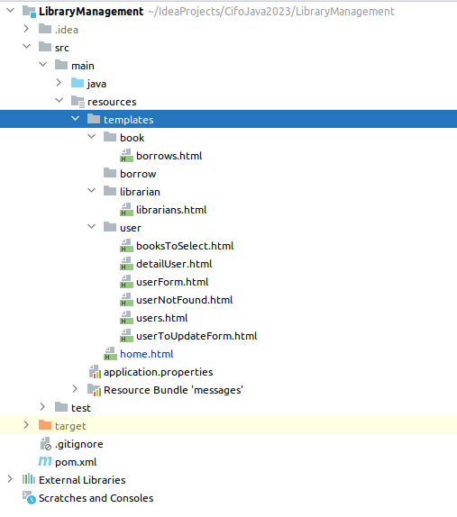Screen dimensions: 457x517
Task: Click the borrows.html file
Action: (x=169, y=156)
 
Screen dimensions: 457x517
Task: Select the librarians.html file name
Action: (x=171, y=210)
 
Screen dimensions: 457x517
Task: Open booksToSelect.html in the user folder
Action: (x=185, y=246)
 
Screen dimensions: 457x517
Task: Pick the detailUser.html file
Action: (x=174, y=264)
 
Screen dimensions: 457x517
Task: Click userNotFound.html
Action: (x=185, y=300)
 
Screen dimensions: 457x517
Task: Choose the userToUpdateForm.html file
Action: (x=197, y=336)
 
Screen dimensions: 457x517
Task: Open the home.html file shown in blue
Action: (x=147, y=354)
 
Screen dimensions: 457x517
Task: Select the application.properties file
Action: (x=158, y=372)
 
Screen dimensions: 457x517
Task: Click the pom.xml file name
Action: (x=76, y=462)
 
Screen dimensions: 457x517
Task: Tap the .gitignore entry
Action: (x=78, y=444)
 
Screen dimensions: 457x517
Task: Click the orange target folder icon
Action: (x=45, y=425)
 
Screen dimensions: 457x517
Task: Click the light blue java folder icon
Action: (x=78, y=83)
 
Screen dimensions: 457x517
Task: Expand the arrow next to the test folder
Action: (x=42, y=407)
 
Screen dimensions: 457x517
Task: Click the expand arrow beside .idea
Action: (x=26, y=29)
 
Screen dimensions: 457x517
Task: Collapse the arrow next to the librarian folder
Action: (x=91, y=191)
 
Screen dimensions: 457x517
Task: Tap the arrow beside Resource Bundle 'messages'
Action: (x=75, y=389)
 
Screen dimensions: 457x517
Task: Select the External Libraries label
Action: (x=82, y=480)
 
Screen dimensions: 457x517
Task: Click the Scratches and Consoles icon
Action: (x=29, y=497)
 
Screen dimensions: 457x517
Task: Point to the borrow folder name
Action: (x=138, y=174)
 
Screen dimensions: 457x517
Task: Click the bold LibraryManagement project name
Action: (x=91, y=12)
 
